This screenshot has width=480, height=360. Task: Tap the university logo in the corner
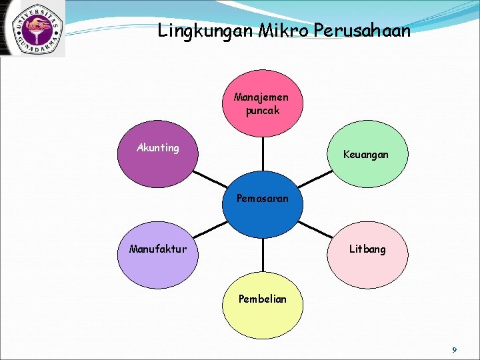point(33,28)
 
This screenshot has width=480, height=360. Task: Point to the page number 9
point(454,349)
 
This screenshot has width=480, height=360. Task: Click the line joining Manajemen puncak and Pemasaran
point(263,157)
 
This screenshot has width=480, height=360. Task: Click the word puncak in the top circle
point(262,111)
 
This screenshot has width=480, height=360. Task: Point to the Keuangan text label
point(365,155)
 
